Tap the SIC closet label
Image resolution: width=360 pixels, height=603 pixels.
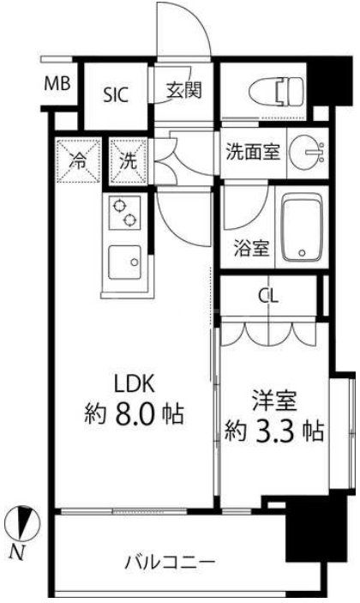coord(117,93)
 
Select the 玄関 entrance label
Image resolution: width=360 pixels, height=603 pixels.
coord(183,89)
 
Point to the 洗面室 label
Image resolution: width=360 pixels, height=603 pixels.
coord(251,152)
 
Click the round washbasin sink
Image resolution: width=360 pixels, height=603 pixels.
coord(304,152)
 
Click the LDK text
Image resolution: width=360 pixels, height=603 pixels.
coord(135,380)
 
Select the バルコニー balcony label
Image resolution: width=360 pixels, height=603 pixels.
coord(169,563)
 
